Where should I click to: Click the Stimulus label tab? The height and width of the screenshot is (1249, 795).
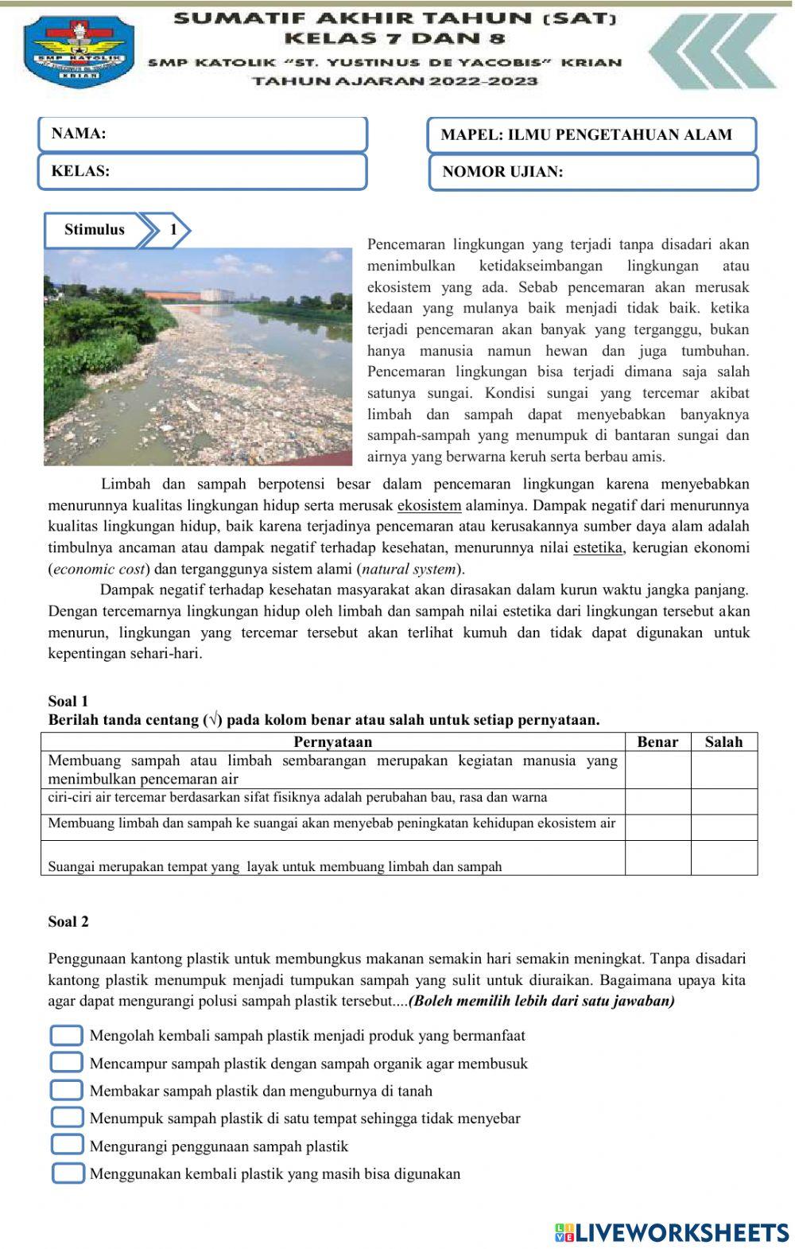point(95,230)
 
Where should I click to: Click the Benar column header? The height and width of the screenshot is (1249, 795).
point(657,742)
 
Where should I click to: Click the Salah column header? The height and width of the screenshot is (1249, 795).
point(723,742)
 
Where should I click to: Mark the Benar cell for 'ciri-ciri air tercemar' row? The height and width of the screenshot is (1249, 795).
point(657,801)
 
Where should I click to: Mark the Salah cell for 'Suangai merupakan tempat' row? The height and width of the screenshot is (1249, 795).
point(723,858)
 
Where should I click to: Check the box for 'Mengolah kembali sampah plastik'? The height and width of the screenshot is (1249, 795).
point(67,1036)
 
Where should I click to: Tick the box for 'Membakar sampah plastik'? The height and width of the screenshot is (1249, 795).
point(67,1090)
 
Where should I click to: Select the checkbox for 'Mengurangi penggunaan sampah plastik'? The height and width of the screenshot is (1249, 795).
point(67,1145)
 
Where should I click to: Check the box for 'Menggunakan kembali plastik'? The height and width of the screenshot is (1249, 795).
point(68,1173)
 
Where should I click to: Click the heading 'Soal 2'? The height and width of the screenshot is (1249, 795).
point(68,922)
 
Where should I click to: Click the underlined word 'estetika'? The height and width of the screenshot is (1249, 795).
point(597,547)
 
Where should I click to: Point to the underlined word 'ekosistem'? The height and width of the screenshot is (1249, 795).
point(429,505)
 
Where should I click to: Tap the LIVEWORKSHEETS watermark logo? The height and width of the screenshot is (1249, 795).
point(672,1232)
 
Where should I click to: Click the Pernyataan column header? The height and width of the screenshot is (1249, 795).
point(332,742)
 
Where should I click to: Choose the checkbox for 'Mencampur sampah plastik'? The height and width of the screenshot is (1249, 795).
point(67,1063)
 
